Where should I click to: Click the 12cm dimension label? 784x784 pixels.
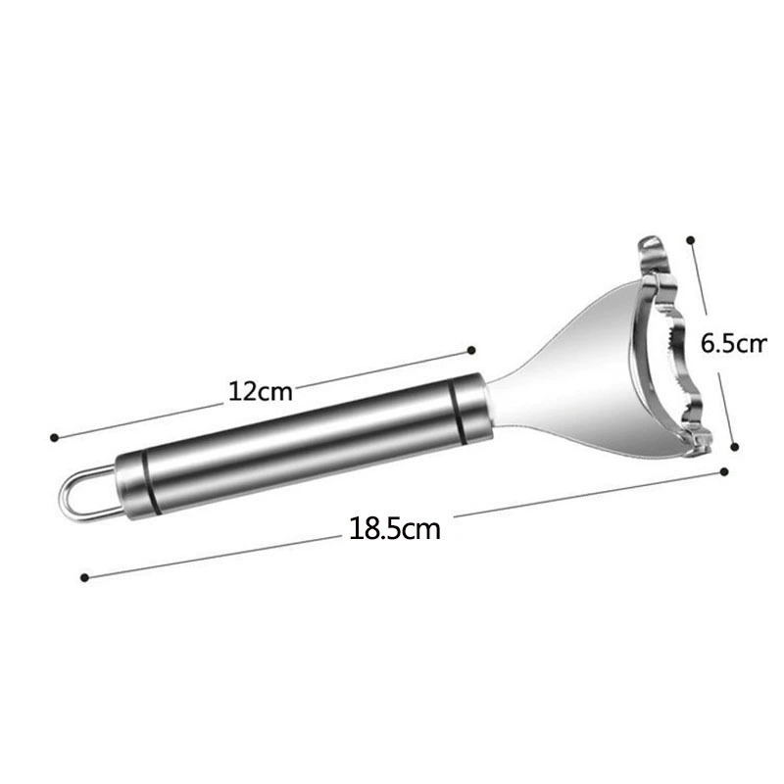point(261,391)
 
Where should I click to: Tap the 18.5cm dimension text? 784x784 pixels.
point(395,528)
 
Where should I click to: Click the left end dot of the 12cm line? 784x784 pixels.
point(55,437)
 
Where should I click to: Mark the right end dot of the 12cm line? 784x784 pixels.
point(471,350)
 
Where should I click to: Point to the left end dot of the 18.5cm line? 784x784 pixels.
point(84,577)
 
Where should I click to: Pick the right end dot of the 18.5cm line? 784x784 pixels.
point(724,471)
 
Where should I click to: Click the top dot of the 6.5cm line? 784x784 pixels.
point(691,240)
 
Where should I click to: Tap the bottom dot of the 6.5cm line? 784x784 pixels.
point(734,447)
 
